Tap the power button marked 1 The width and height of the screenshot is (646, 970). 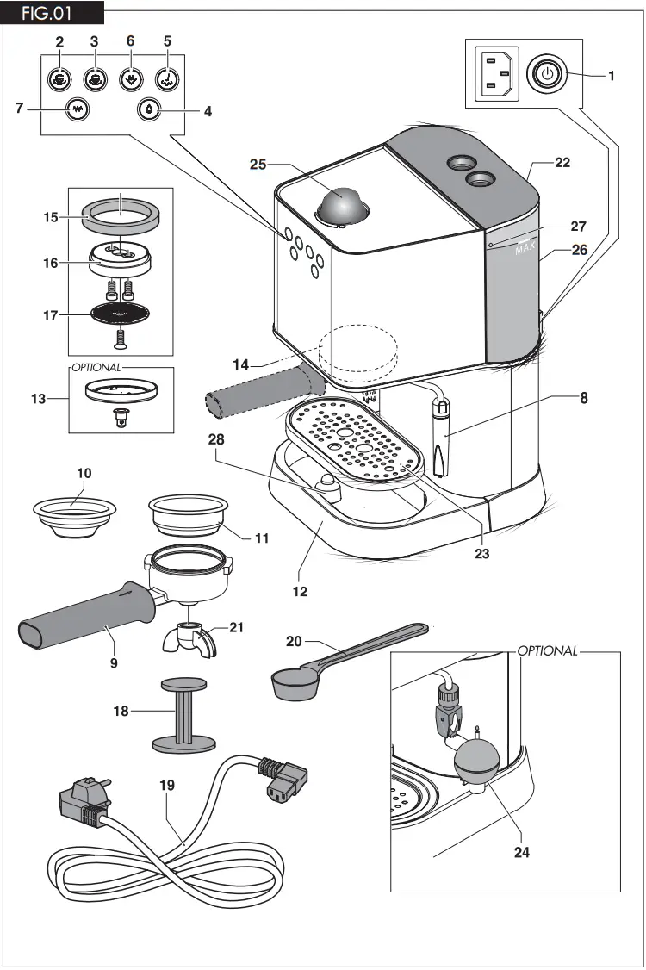544,75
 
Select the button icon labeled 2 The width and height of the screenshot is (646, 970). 59,78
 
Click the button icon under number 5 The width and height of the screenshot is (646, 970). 167,78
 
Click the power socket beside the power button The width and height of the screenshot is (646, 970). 496,74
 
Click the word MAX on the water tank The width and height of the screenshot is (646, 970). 526,250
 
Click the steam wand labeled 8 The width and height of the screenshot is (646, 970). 441,439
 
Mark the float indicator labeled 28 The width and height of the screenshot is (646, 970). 327,485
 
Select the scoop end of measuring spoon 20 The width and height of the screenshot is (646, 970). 290,686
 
